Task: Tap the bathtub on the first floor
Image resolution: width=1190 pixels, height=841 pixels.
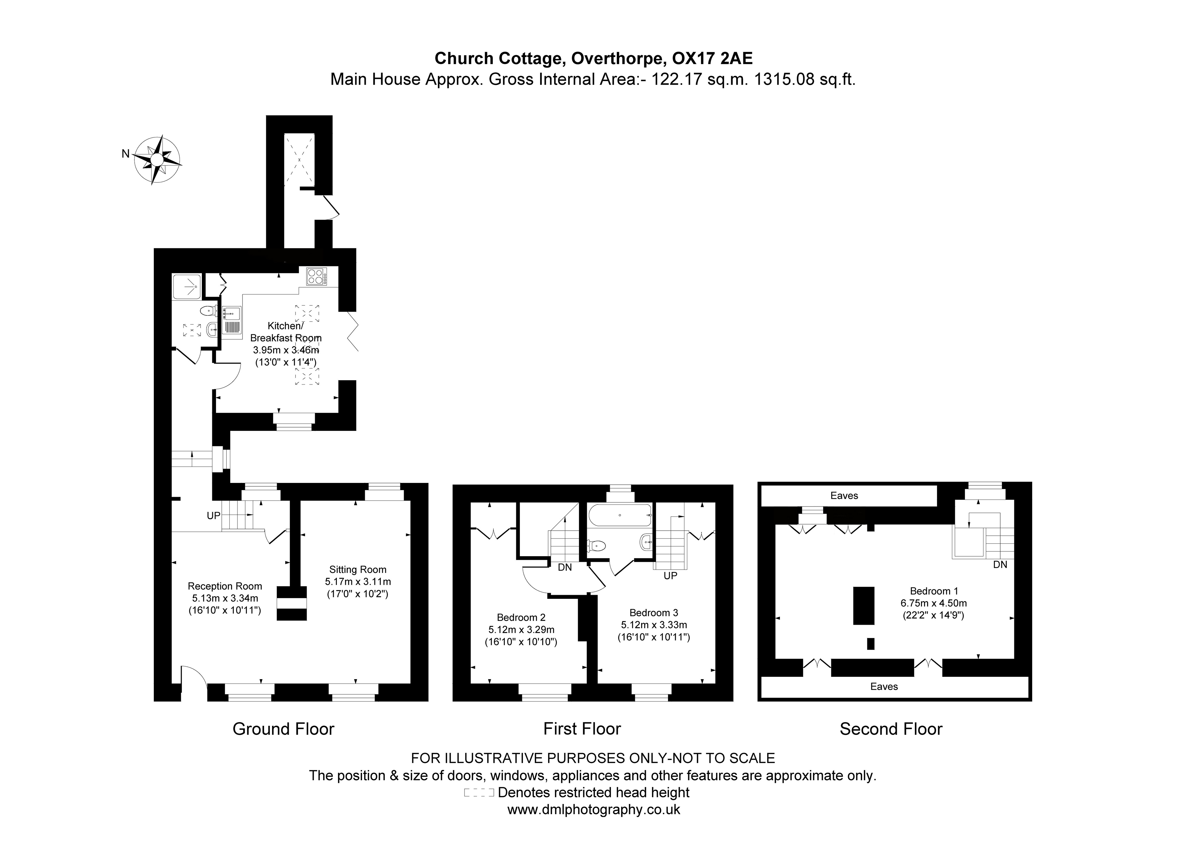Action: (620, 515)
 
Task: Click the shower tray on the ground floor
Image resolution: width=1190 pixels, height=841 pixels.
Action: (187, 286)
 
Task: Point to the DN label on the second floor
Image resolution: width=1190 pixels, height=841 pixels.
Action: (1000, 564)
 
